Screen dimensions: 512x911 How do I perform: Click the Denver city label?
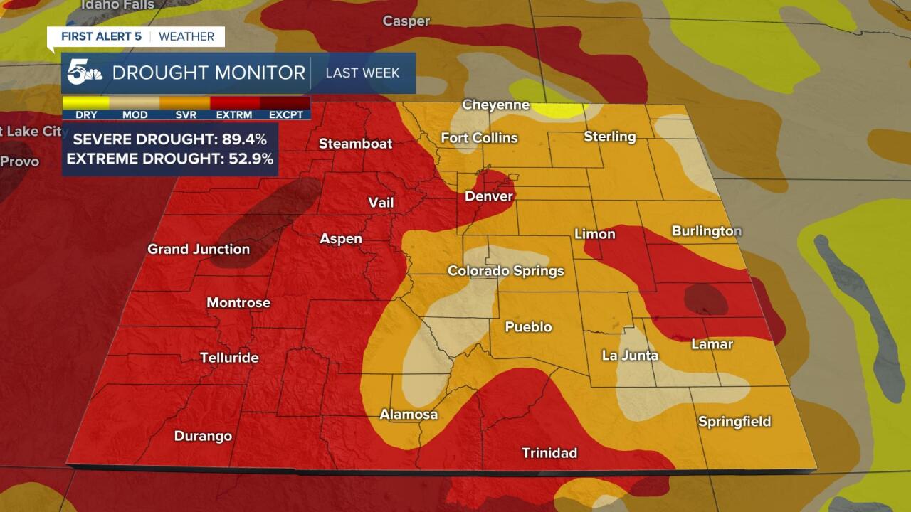click(489, 196)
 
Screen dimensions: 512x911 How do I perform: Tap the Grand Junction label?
click(199, 249)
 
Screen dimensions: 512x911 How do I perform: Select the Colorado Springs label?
click(505, 271)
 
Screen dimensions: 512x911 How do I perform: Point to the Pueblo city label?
click(528, 327)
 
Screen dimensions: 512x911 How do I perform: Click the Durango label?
click(203, 436)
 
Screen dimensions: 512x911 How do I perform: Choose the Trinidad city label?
click(549, 453)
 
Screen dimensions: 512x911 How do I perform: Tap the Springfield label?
click(734, 422)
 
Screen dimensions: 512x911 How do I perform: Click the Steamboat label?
click(355, 144)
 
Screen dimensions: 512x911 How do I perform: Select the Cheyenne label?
click(496, 105)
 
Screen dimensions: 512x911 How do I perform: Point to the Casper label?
click(406, 21)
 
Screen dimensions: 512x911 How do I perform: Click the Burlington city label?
click(707, 231)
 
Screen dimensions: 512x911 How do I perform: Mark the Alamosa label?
click(409, 415)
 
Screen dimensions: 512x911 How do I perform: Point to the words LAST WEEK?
click(362, 73)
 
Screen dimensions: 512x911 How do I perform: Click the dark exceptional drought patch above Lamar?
click(705, 299)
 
